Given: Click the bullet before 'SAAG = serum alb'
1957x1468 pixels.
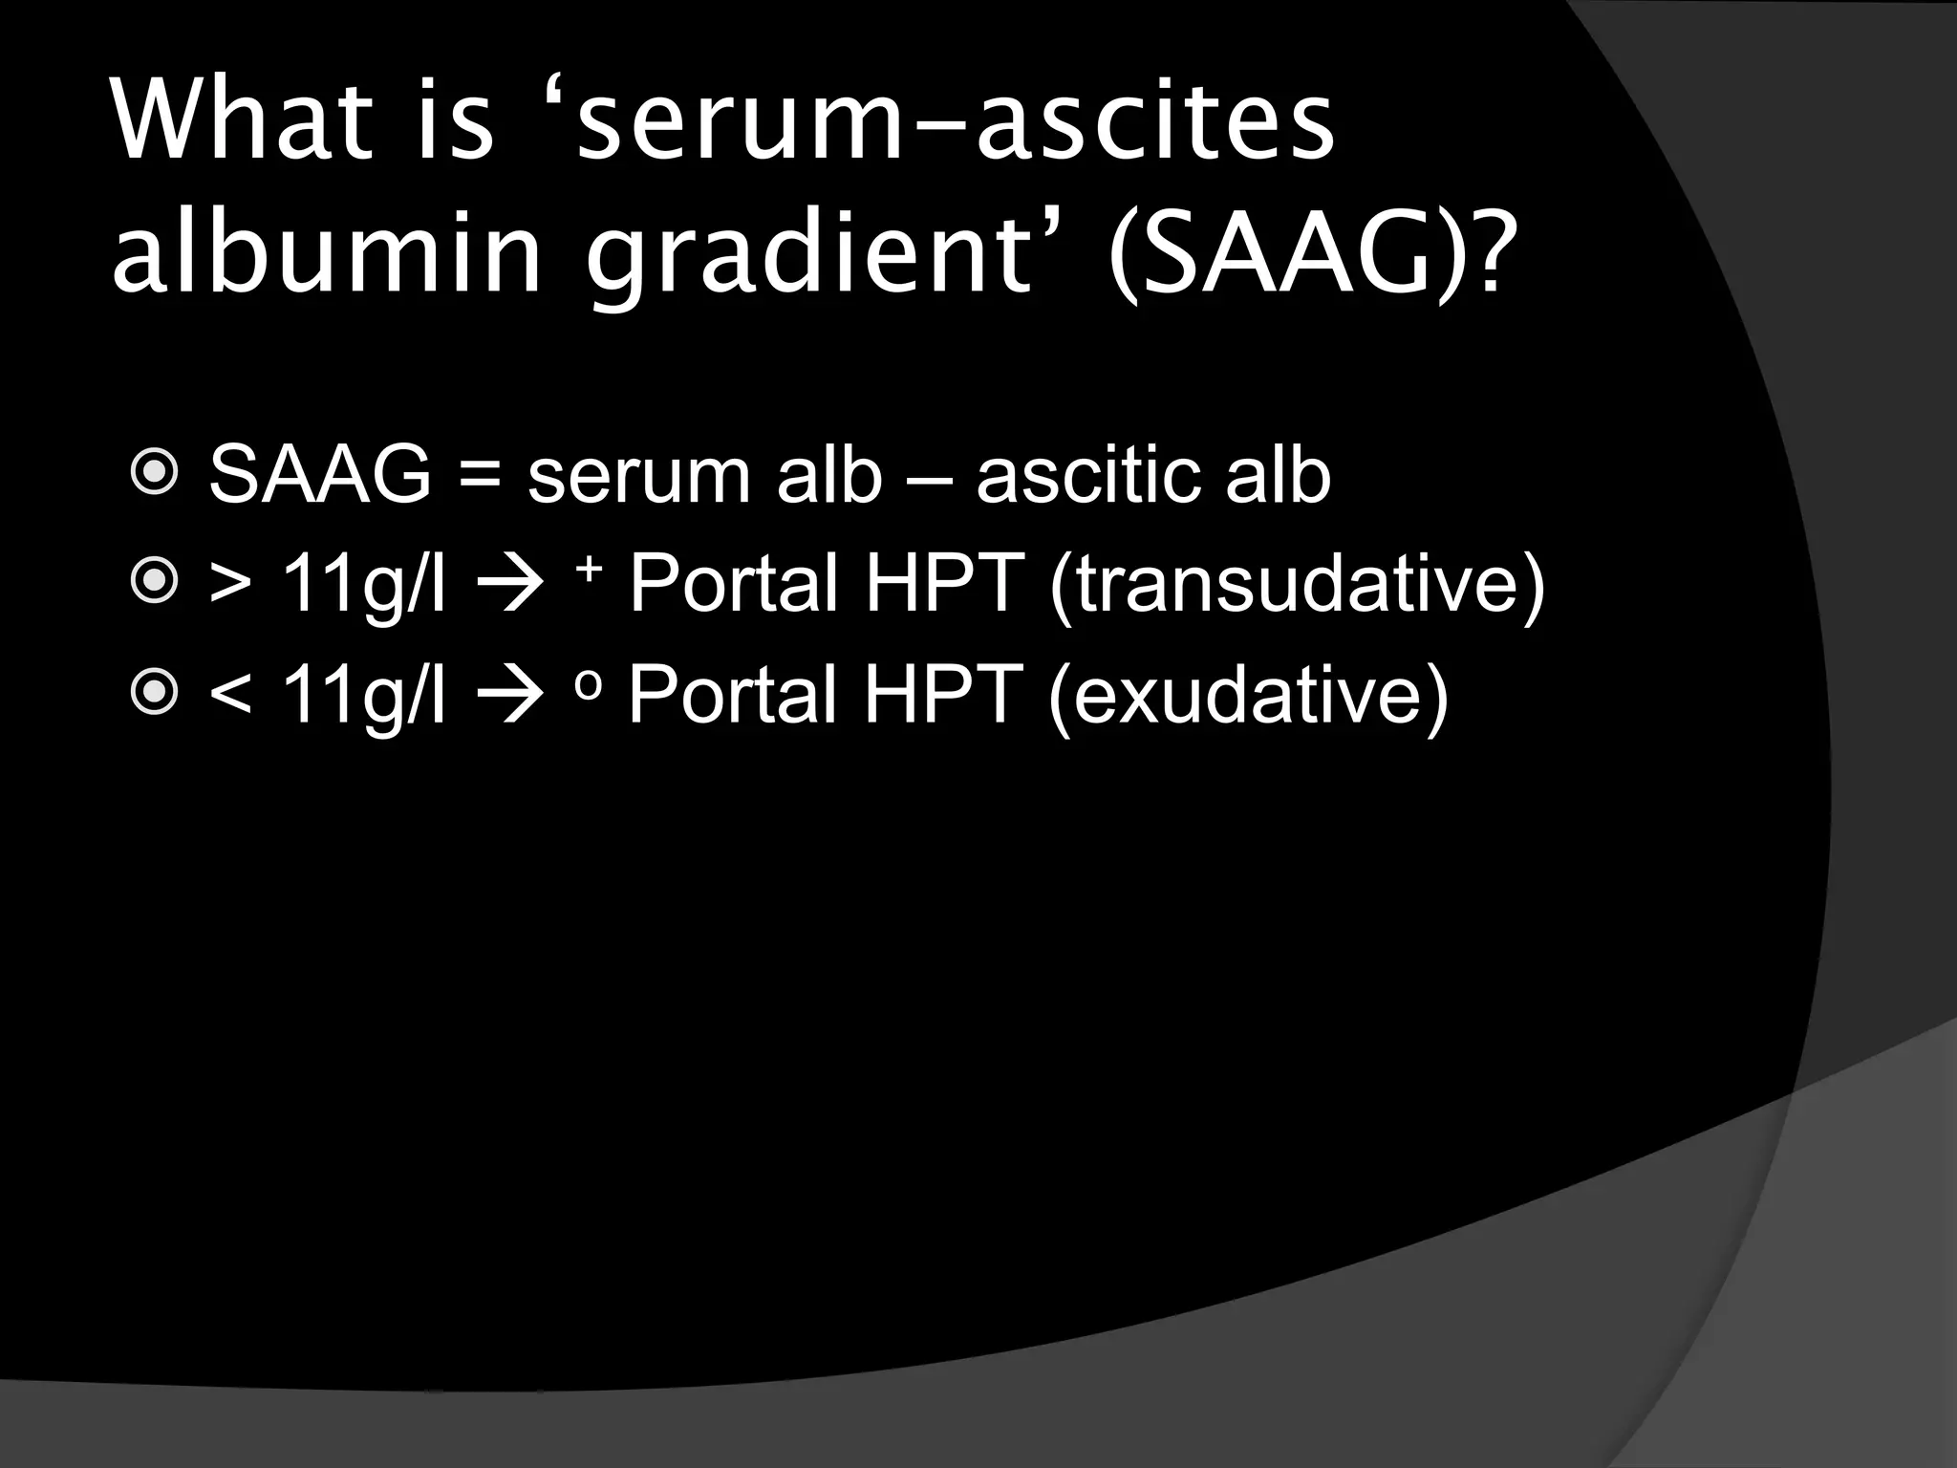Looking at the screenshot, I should [153, 475].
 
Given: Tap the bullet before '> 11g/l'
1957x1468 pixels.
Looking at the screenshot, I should [153, 582].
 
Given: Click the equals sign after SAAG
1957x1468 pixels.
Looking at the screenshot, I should [480, 475].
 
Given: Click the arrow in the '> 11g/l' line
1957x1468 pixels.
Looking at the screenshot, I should [510, 584].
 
